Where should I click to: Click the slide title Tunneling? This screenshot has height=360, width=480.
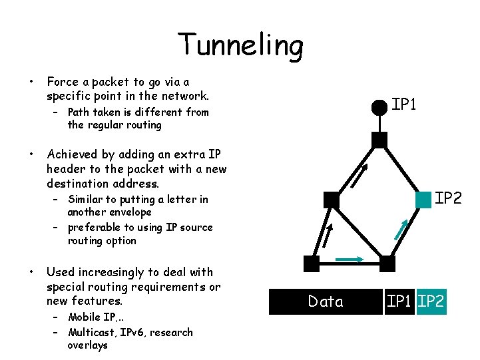[240, 45]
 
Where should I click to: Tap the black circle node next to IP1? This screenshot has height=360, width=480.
[379, 106]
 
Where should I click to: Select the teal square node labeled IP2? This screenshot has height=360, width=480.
[423, 200]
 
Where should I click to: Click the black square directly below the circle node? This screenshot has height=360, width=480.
[379, 140]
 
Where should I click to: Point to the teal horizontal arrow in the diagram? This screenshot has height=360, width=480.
[349, 259]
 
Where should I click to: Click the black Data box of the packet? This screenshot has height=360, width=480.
[326, 301]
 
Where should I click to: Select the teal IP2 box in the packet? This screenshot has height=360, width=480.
[431, 301]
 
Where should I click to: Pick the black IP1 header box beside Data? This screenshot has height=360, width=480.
[399, 301]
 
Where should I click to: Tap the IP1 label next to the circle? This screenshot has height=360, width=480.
[403, 104]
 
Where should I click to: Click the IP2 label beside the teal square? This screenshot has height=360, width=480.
[448, 198]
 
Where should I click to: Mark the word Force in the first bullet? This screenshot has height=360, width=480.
[63, 82]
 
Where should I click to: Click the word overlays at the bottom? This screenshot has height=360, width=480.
[87, 345]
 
